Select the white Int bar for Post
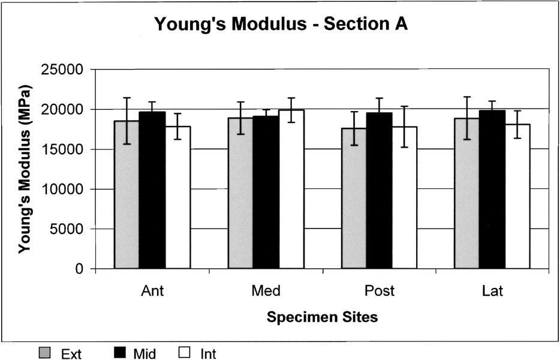point(404,197)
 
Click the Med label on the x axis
point(266,292)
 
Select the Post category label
point(380,292)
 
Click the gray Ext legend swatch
point(46,352)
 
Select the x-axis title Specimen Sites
point(323,317)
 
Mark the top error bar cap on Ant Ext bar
point(127,98)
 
